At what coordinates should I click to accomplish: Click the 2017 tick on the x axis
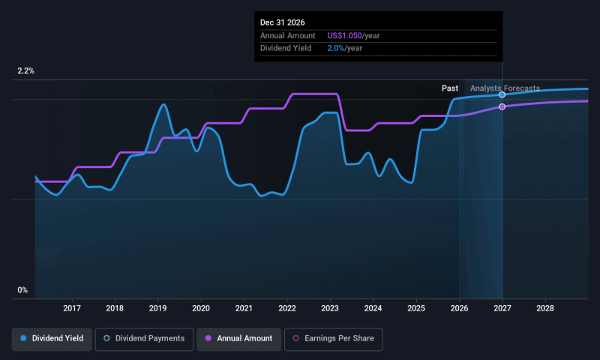click(x=72, y=308)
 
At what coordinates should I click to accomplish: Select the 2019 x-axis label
click(x=157, y=308)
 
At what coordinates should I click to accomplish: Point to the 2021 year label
click(x=244, y=308)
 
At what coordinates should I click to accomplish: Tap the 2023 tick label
click(x=330, y=308)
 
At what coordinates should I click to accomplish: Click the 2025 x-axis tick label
click(x=416, y=308)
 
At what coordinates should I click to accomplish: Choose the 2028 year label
click(x=545, y=308)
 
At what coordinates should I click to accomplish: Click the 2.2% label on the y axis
click(x=26, y=71)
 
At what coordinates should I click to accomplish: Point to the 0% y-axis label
click(x=22, y=290)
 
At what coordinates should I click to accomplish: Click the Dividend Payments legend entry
click(x=144, y=339)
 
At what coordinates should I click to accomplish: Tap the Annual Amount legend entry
click(x=239, y=339)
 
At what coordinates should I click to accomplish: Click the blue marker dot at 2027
click(x=502, y=94)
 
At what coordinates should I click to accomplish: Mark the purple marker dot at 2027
click(x=502, y=106)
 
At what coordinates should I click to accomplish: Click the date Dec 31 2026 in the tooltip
click(x=283, y=22)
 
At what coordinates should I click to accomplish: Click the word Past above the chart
click(x=450, y=88)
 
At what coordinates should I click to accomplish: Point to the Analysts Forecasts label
click(x=505, y=88)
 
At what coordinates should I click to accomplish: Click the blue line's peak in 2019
click(x=163, y=104)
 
